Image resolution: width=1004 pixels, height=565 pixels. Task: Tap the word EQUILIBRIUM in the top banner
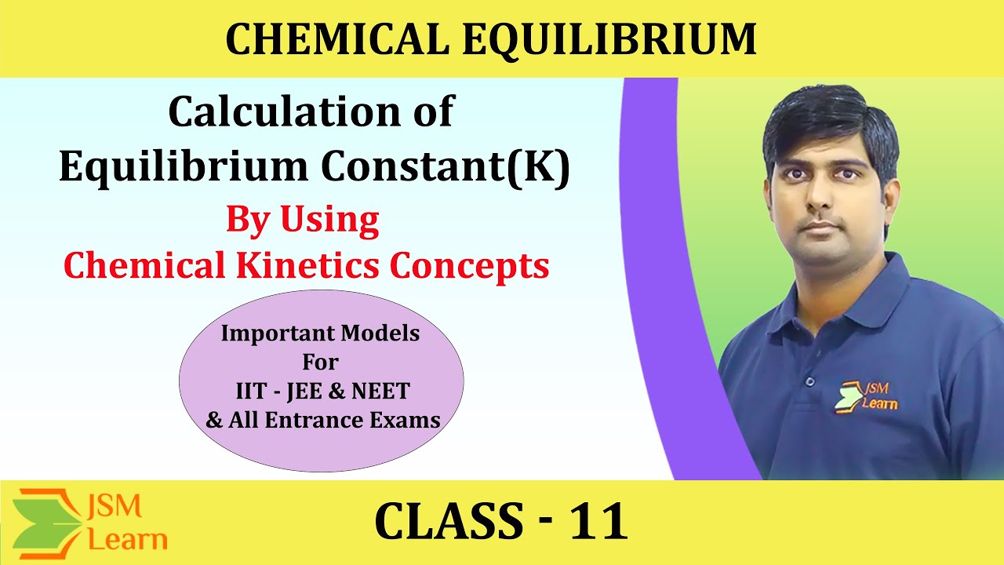(609, 40)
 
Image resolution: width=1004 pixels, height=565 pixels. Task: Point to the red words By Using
(303, 220)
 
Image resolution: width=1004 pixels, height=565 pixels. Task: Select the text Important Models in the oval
(320, 334)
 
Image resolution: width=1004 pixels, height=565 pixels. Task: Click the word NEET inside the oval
(384, 391)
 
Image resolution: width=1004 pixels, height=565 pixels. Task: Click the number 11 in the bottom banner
(600, 522)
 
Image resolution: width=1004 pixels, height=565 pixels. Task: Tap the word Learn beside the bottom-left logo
(128, 539)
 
